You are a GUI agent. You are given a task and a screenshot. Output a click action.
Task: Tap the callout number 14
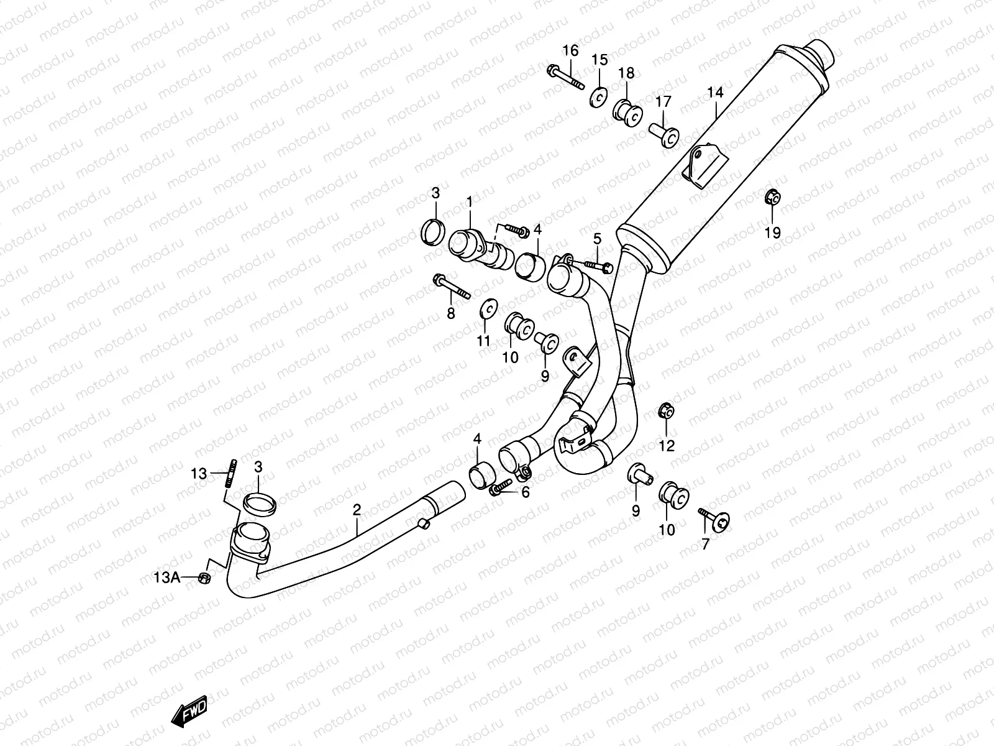[715, 93]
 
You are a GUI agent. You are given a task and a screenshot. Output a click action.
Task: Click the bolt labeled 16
[566, 78]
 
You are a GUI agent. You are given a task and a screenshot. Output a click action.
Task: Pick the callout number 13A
[166, 578]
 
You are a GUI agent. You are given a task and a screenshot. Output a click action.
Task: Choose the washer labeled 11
[489, 308]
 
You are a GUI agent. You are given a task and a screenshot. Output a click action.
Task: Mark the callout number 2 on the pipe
[357, 510]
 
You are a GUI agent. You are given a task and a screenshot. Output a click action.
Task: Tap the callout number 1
[470, 201]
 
